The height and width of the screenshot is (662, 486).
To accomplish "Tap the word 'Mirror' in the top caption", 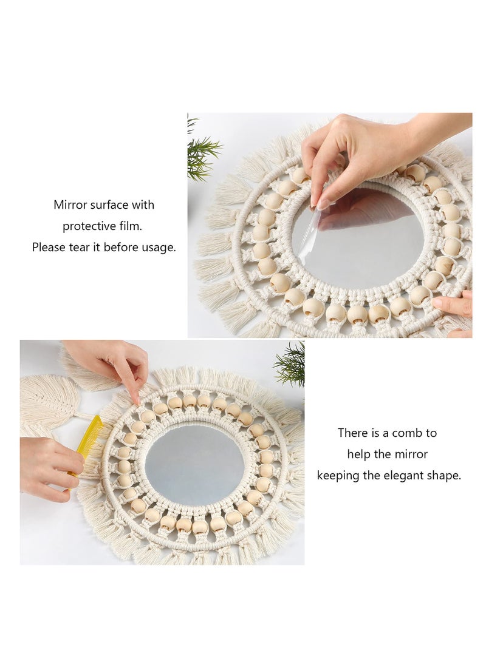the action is point(70,204).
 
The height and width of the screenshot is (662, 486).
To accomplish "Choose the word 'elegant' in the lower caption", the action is point(403,476).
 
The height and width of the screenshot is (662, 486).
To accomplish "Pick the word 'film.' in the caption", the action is point(130,226).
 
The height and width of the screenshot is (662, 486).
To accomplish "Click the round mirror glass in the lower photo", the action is point(189,464).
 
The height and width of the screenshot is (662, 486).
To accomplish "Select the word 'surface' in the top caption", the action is point(109,204).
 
